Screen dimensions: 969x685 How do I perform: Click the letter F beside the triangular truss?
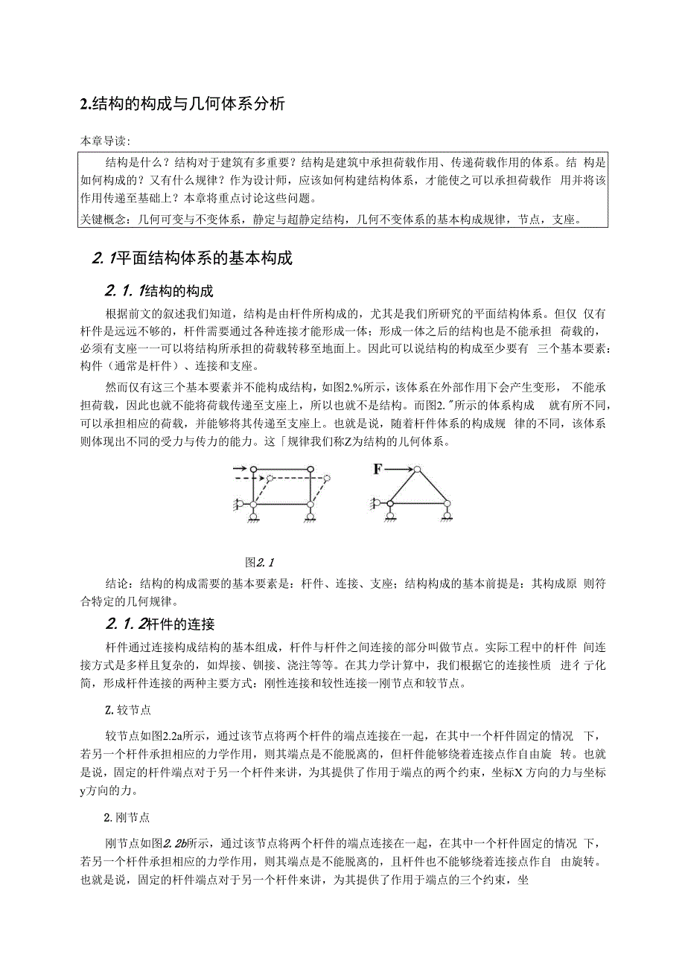(x=379, y=469)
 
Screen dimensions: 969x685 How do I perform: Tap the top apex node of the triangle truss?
(x=418, y=470)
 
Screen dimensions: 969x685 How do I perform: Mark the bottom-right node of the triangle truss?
(x=446, y=504)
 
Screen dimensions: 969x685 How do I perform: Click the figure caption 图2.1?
(x=261, y=561)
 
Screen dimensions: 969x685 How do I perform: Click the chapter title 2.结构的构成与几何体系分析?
(x=183, y=104)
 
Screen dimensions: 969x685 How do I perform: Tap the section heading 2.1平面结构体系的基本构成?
(x=193, y=258)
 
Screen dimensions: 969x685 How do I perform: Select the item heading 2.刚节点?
(x=127, y=817)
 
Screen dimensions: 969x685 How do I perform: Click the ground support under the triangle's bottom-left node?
(x=389, y=514)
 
